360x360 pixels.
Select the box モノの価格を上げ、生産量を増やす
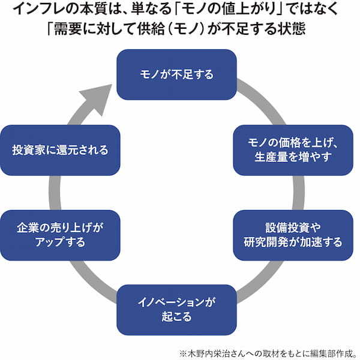293,149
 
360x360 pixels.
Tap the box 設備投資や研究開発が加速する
293,235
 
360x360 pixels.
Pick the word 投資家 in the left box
26,149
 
